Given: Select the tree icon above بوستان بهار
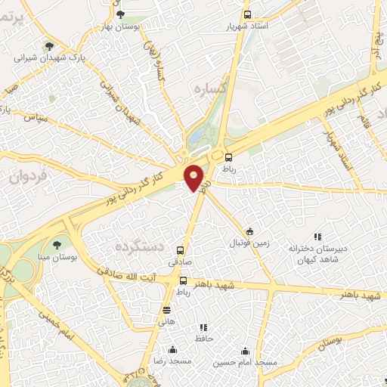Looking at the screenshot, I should coord(121,13).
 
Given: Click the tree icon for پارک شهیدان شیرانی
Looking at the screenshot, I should coord(49,46).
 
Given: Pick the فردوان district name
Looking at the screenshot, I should coord(29,176).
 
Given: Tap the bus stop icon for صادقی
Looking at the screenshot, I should coord(180,249).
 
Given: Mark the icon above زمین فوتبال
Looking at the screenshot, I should coord(249,231).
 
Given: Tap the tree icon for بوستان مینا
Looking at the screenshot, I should coord(57,244).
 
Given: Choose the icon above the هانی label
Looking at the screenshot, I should coord(166,310).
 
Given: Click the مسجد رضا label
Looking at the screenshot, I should coord(172,362).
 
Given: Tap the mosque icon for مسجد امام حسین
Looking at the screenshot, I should coord(245,351).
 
